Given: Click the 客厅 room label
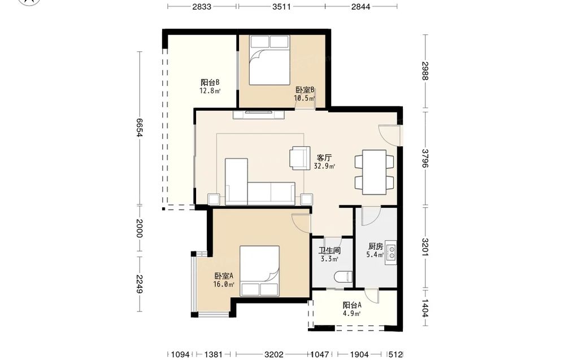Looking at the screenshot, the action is (x=324, y=158).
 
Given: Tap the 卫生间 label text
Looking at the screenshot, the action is (x=329, y=250).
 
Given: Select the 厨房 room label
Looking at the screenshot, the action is (x=376, y=246).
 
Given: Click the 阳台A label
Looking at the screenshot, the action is (x=352, y=305).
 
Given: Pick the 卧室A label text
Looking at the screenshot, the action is (x=224, y=276).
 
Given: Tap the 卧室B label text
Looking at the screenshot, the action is (x=305, y=90).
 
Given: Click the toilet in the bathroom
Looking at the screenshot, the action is (x=344, y=277).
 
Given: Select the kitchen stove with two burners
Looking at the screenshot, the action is (x=391, y=253).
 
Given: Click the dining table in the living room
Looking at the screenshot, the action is (x=375, y=172).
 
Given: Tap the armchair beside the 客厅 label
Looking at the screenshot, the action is (x=300, y=158).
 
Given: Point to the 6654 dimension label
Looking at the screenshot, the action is (x=140, y=128).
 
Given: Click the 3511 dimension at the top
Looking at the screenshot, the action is (x=281, y=6).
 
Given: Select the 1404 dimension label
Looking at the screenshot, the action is (x=425, y=308).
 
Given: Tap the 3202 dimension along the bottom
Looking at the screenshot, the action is (x=274, y=354).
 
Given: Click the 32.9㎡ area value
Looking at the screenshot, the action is (x=324, y=166).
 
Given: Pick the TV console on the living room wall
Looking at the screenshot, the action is (x=259, y=115).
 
